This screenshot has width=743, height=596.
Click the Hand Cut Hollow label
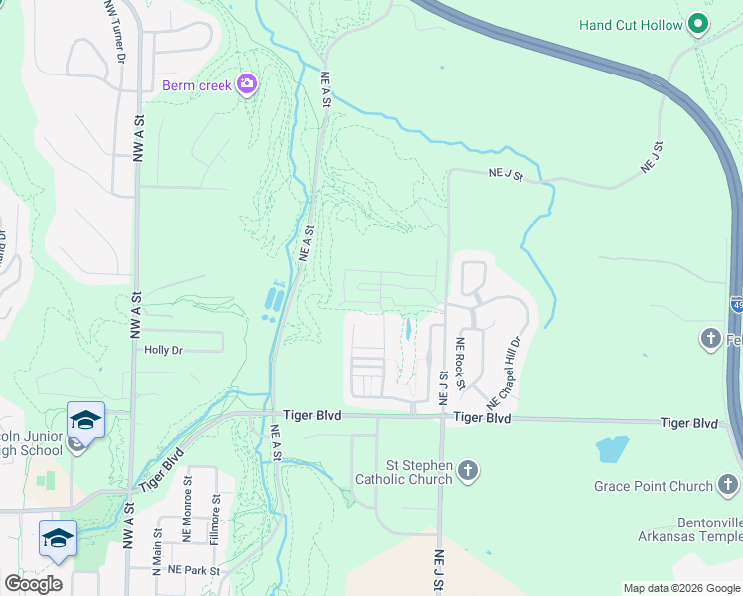point(632,25)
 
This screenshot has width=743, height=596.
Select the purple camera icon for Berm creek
point(246,85)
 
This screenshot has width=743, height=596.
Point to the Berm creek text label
point(197,85)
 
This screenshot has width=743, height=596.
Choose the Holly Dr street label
point(164,350)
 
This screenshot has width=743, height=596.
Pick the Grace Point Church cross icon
point(728,486)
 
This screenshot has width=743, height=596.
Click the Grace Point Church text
point(654,487)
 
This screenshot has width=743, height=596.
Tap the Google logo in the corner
point(33,583)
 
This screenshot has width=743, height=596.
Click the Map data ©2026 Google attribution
point(681,588)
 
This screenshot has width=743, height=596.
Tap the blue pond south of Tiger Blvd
point(612,449)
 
